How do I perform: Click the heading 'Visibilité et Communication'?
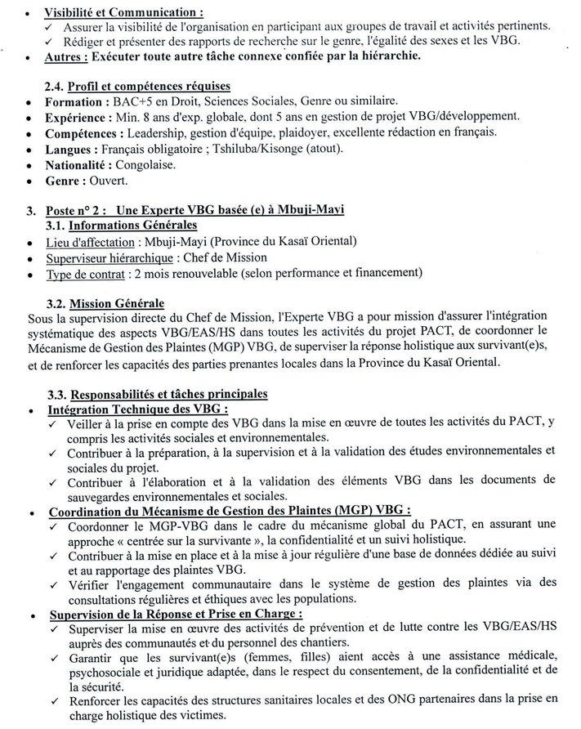pos(123,13)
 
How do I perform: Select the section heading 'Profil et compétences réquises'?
pos(150,87)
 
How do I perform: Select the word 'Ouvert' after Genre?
pos(109,179)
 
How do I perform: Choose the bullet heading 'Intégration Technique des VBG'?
pos(136,409)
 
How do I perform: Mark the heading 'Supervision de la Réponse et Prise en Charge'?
pos(175,612)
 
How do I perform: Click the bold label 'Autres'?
pos(66,56)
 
